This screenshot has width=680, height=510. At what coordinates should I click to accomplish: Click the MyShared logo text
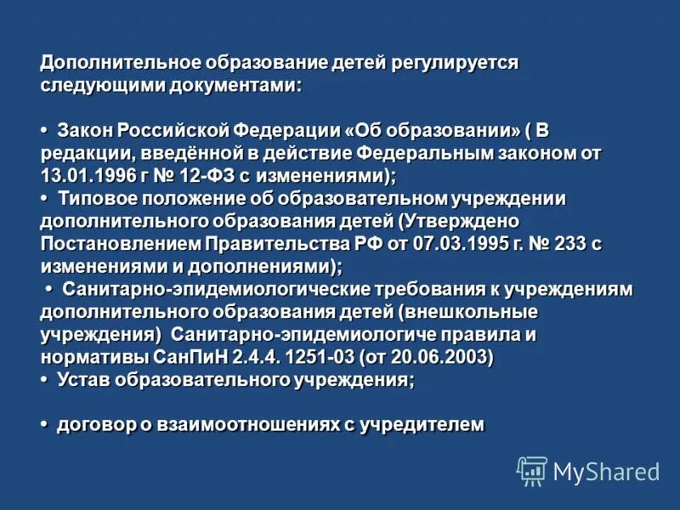(607, 472)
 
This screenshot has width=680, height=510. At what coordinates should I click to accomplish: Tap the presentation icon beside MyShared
(532, 472)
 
